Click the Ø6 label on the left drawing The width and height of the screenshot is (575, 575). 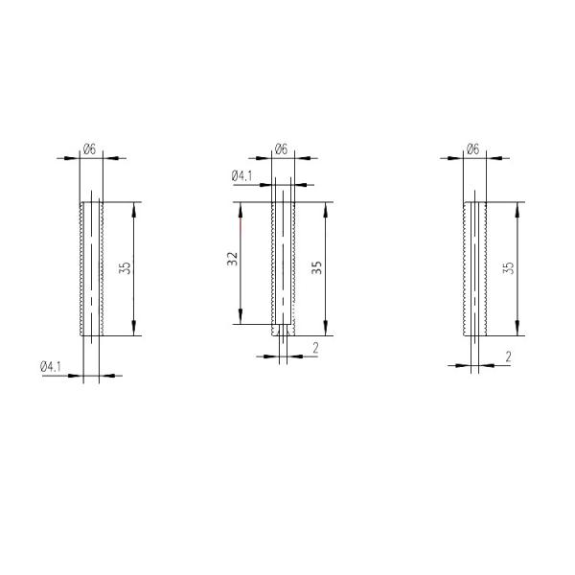click(89, 148)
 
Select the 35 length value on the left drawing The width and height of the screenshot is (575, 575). click(125, 268)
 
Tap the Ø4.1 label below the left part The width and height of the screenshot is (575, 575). click(51, 367)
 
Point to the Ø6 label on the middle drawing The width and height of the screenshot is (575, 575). click(281, 149)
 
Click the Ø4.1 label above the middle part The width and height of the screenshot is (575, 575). click(241, 176)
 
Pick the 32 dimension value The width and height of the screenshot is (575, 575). click(232, 261)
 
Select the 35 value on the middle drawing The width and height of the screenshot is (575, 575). click(317, 268)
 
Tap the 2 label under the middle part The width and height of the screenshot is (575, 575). click(315, 348)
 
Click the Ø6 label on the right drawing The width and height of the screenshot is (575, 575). click(471, 149)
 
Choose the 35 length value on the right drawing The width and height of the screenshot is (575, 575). click(508, 268)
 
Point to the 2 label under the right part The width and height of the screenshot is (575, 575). click(507, 356)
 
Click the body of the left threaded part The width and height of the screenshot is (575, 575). click(92, 268)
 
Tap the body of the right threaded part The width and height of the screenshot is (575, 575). click(475, 268)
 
